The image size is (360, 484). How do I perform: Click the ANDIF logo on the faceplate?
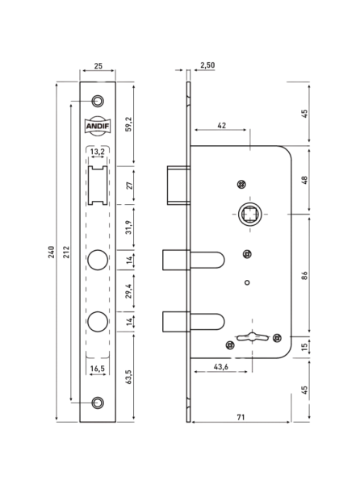(x=98, y=126)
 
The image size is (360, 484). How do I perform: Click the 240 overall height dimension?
(x=51, y=252)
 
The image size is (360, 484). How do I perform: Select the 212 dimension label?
(x=66, y=252)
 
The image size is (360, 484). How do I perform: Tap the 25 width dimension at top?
(x=98, y=66)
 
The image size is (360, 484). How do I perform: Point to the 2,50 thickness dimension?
(x=207, y=65)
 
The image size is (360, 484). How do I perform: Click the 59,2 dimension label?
(x=128, y=124)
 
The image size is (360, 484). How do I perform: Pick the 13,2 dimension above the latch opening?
(x=97, y=152)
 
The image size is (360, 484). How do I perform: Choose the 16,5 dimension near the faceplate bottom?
(x=97, y=369)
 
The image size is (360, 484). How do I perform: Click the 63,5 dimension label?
(x=128, y=377)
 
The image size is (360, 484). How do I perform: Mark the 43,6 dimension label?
(x=220, y=367)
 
